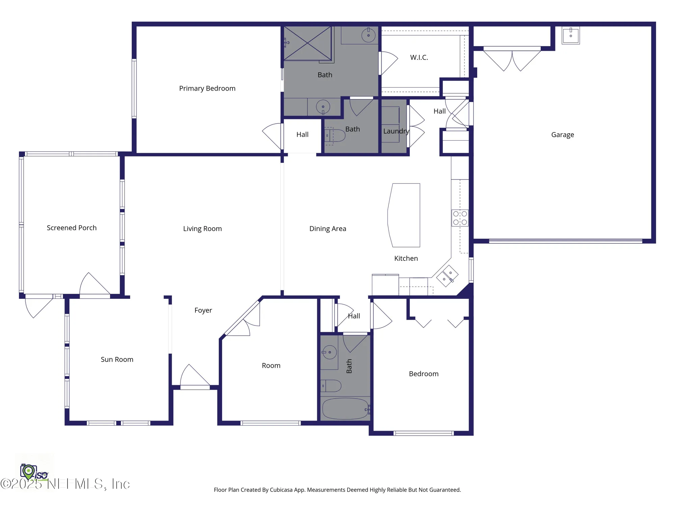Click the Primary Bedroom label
[207, 89]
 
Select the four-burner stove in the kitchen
[460, 218]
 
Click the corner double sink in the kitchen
[447, 276]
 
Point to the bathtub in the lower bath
[345, 409]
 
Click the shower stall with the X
[307, 43]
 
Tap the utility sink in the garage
[570, 35]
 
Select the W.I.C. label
[419, 57]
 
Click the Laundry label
[396, 131]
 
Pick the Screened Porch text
[72, 228]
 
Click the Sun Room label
[117, 360]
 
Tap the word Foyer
[203, 310]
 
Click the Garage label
[562, 135]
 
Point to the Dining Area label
[328, 229]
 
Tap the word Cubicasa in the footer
[281, 490]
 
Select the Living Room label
[202, 229]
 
